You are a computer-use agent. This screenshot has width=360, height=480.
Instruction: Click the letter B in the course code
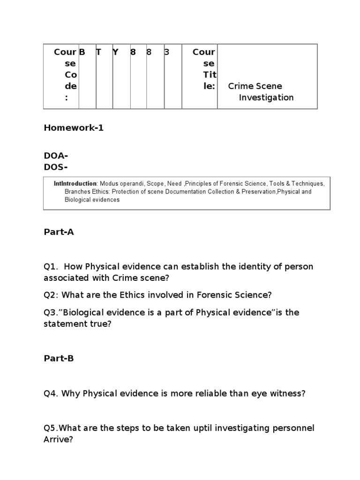(82, 52)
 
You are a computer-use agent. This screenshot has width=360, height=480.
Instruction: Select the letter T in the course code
(98, 52)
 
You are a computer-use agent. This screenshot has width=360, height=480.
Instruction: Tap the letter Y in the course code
(115, 52)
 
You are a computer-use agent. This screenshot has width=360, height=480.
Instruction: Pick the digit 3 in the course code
(166, 52)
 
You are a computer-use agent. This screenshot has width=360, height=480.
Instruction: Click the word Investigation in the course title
(266, 97)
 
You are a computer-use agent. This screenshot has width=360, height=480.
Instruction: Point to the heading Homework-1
(74, 128)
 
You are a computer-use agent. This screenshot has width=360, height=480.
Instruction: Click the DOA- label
(56, 156)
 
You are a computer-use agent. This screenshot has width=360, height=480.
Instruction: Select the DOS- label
(56, 167)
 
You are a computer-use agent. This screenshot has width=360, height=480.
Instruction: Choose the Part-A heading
(59, 232)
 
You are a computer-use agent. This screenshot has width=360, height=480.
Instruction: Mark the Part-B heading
(59, 358)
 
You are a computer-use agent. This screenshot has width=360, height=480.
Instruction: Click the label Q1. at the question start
(51, 267)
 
